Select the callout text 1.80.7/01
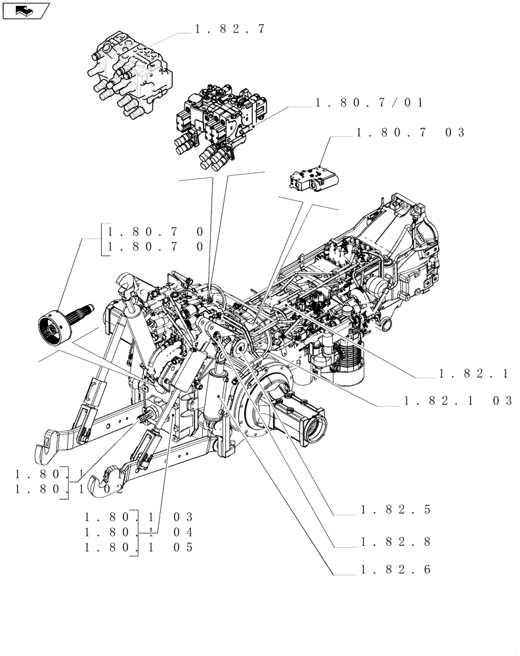(x=370, y=102)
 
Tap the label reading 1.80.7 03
(x=410, y=133)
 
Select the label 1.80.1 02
(x=69, y=489)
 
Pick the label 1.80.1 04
(x=139, y=533)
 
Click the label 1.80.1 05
(x=139, y=547)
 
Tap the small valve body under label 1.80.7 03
(x=312, y=178)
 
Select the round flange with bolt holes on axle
(x=261, y=407)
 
